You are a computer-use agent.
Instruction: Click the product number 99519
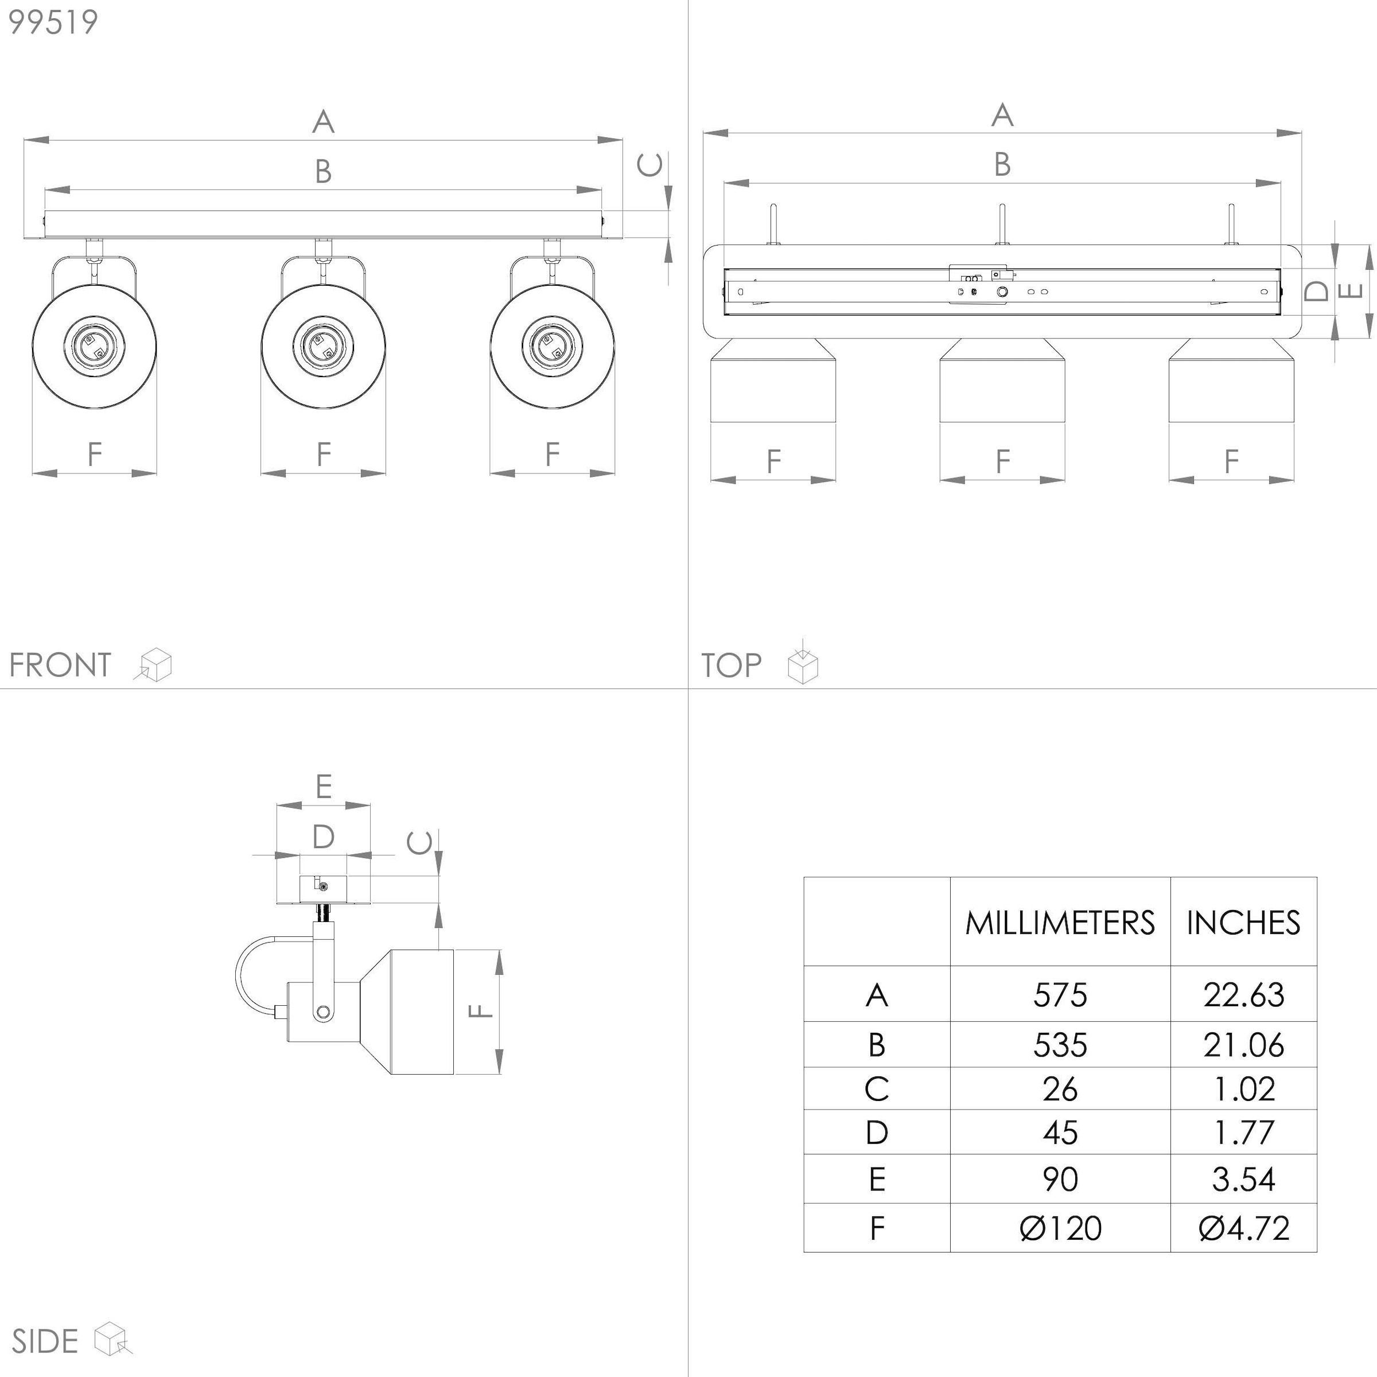(53, 22)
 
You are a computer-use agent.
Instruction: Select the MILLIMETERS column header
(1060, 923)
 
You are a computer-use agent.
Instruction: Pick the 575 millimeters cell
(1060, 995)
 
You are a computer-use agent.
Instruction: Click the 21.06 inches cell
(1244, 1045)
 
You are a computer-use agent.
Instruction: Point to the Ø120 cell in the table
(1060, 1228)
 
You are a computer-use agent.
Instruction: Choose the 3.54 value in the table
(1244, 1179)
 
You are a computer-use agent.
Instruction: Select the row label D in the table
(877, 1133)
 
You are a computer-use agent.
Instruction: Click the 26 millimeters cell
(1060, 1089)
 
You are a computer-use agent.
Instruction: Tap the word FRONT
(60, 665)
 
